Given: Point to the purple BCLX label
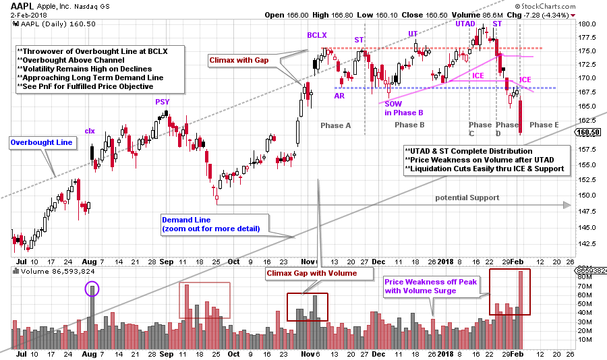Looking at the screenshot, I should coord(318,34).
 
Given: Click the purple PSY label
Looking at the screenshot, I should coord(163,101).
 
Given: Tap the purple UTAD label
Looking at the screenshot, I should coord(464,24).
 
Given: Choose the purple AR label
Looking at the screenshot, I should coord(340,96).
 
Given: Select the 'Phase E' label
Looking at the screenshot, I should coord(544,125).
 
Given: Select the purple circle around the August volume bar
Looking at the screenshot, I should coord(92,290).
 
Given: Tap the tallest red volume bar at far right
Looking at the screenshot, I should coord(520,303).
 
